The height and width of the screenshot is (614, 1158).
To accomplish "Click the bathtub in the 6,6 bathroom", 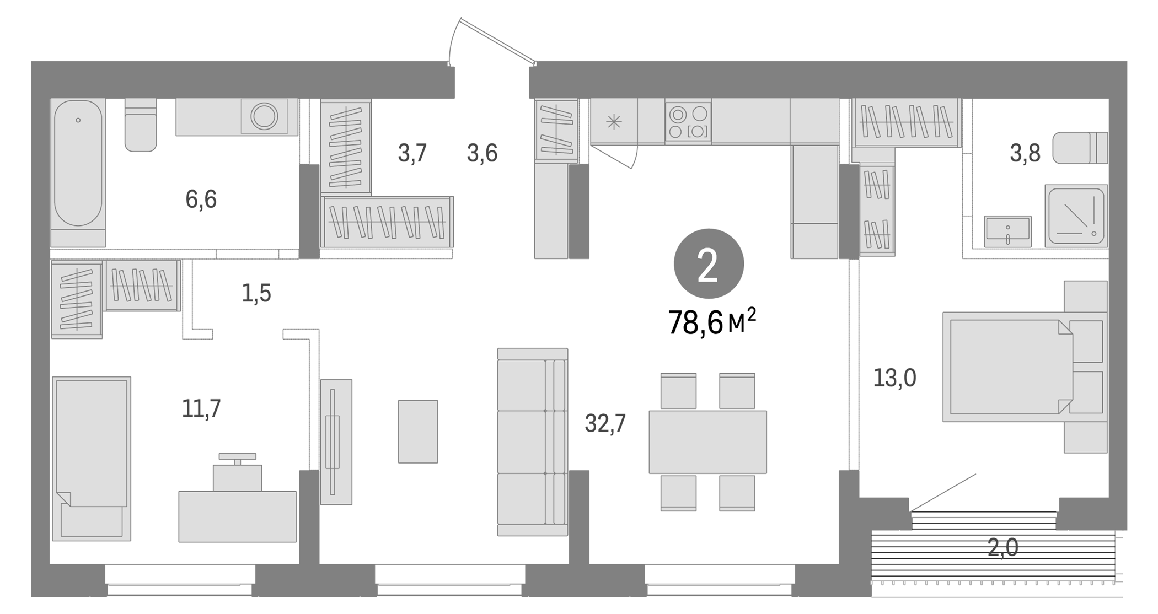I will [x=78, y=165].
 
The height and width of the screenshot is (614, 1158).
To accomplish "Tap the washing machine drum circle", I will [x=264, y=116].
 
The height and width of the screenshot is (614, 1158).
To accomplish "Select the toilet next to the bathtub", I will [x=141, y=126].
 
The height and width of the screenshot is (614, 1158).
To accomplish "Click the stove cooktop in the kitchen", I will [x=688, y=121].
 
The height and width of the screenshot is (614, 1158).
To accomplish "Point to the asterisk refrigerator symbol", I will [x=614, y=122].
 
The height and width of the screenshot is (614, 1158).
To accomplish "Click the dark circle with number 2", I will [x=709, y=264].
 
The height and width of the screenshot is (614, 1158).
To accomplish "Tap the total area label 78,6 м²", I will [x=711, y=322].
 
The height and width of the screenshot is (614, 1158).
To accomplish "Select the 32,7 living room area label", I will [x=605, y=423].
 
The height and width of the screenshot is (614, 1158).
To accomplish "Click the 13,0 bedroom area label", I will [x=894, y=378].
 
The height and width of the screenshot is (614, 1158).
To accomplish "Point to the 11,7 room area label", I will [x=201, y=408].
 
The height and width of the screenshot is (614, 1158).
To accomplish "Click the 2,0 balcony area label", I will [x=1002, y=548].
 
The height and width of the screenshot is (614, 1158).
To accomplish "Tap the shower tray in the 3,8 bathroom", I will [x=1076, y=216].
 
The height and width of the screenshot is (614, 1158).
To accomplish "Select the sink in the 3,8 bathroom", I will [x=1007, y=231].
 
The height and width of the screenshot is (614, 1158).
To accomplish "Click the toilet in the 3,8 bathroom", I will [x=1079, y=148].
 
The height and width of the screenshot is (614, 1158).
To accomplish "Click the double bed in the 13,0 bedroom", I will [x=1009, y=367].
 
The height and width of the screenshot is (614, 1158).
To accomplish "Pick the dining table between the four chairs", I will [x=707, y=441].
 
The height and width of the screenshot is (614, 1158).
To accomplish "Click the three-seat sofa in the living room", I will [x=532, y=441].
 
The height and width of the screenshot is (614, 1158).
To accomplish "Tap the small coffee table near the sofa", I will [x=418, y=432].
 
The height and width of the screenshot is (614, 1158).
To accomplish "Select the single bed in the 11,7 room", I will [x=92, y=457].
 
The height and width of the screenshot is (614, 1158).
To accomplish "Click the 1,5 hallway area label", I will [x=256, y=293].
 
